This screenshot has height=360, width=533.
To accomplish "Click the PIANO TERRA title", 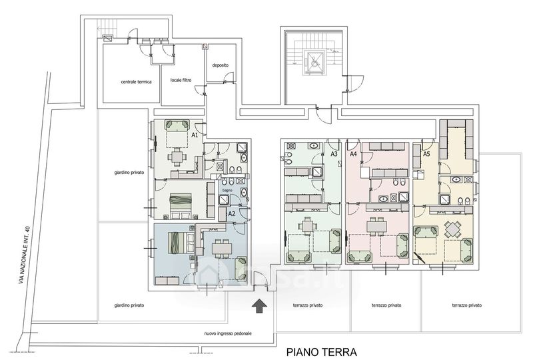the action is (x=322, y=352).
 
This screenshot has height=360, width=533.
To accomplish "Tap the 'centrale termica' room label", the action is (x=136, y=82).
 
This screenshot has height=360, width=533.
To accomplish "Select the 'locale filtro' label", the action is (x=181, y=80).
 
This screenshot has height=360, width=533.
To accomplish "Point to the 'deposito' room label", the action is (x=221, y=65).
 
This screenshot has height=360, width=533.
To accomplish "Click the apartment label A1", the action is (x=195, y=135).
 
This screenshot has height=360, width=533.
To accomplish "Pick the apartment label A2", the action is (x=232, y=214).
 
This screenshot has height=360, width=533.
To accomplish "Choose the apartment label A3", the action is (x=334, y=154).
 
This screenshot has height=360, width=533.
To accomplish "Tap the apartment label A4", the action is (x=354, y=154).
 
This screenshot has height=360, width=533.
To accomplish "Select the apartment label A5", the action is (x=426, y=154).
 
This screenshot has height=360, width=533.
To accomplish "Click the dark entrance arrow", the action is (x=259, y=306).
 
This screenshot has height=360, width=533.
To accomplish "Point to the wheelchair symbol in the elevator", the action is (x=314, y=63).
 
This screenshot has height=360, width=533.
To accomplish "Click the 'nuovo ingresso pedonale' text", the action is (x=228, y=334).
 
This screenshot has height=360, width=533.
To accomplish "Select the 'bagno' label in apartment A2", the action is (x=227, y=191).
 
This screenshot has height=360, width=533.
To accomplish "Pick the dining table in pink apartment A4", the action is (x=376, y=226).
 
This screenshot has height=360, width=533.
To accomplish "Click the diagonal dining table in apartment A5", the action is (x=452, y=230).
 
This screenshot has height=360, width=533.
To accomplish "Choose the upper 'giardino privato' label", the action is (x=129, y=173).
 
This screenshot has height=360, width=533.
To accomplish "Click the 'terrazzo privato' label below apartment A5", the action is (x=467, y=305).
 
